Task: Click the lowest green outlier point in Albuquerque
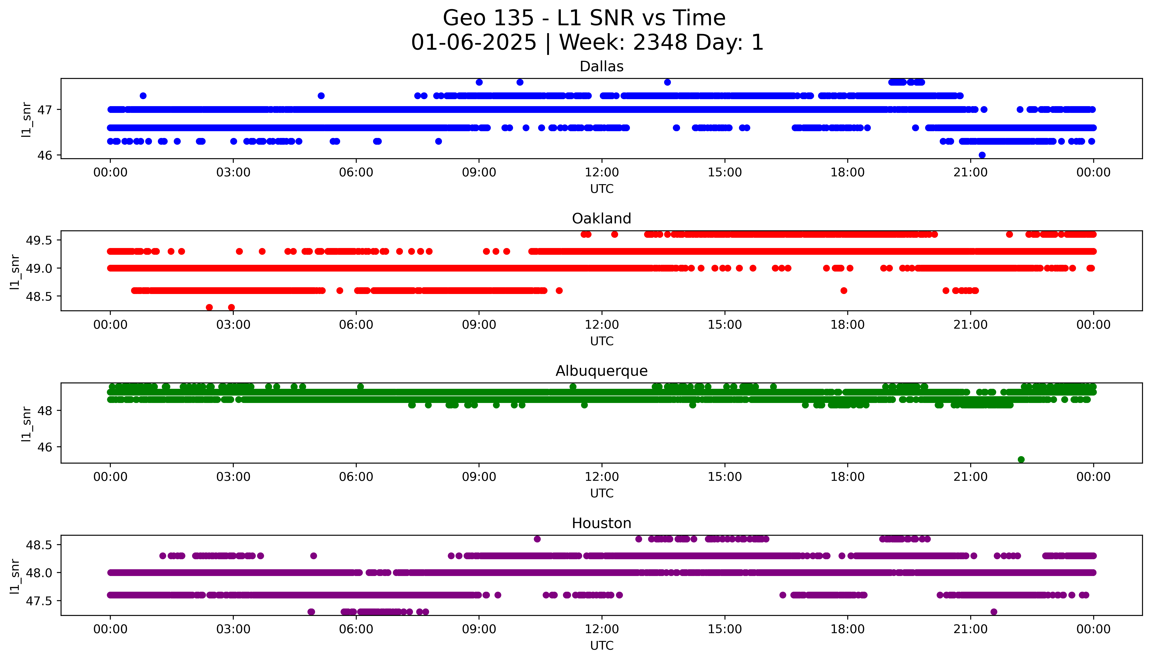1021,459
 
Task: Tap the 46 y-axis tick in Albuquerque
44,447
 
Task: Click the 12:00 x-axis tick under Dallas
602,173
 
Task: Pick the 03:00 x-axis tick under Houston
233,629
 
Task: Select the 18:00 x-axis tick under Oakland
848,325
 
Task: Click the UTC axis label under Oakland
602,341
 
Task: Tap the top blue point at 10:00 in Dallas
520,82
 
